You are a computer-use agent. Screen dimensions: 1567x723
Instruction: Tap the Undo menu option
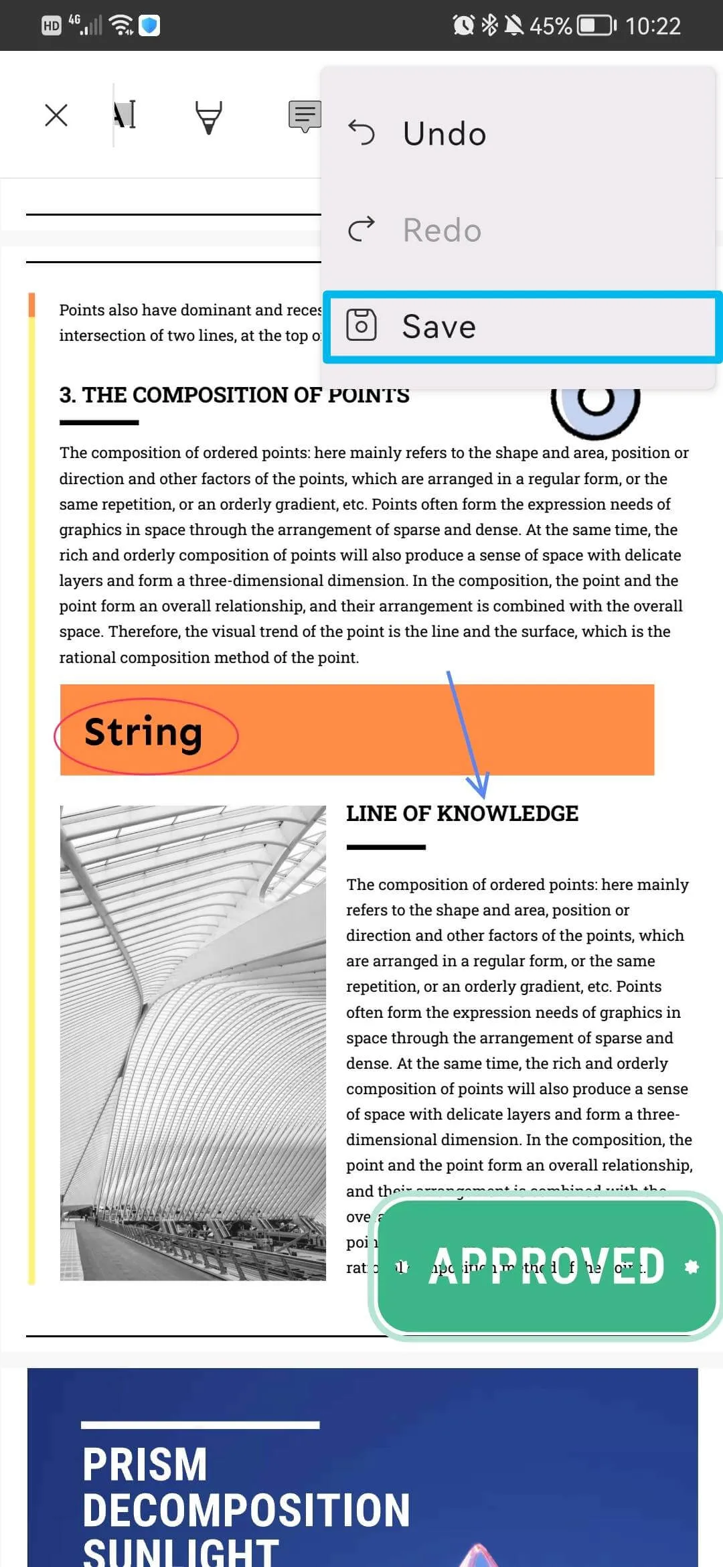pyautogui.click(x=445, y=133)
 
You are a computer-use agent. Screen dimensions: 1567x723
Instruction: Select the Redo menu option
pyautogui.click(x=442, y=230)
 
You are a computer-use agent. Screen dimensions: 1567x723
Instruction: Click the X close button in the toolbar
pyautogui.click(x=56, y=115)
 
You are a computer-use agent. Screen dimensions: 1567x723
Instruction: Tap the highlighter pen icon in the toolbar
pyautogui.click(x=208, y=117)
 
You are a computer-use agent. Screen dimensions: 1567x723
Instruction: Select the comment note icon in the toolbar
pyautogui.click(x=305, y=116)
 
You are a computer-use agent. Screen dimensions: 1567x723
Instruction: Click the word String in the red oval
pyautogui.click(x=143, y=732)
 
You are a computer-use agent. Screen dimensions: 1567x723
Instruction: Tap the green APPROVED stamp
pyautogui.click(x=546, y=1266)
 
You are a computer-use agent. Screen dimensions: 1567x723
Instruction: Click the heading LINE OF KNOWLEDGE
pyautogui.click(x=462, y=814)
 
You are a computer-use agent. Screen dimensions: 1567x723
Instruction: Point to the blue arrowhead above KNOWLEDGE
pyautogui.click(x=478, y=783)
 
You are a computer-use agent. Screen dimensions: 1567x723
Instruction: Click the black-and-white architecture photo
pyautogui.click(x=193, y=1043)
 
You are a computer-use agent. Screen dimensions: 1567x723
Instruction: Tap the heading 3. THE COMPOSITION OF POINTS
pyautogui.click(x=234, y=395)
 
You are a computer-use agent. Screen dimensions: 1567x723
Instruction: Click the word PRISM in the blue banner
pyautogui.click(x=145, y=1465)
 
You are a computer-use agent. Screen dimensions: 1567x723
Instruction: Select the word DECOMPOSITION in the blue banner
pyautogui.click(x=246, y=1510)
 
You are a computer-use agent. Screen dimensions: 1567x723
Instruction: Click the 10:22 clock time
pyautogui.click(x=653, y=25)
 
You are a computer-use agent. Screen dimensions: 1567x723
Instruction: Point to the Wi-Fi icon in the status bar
pyautogui.click(x=121, y=25)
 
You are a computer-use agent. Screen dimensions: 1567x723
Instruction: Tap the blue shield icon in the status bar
pyautogui.click(x=149, y=25)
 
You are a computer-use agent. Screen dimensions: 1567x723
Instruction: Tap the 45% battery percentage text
pyautogui.click(x=550, y=25)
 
